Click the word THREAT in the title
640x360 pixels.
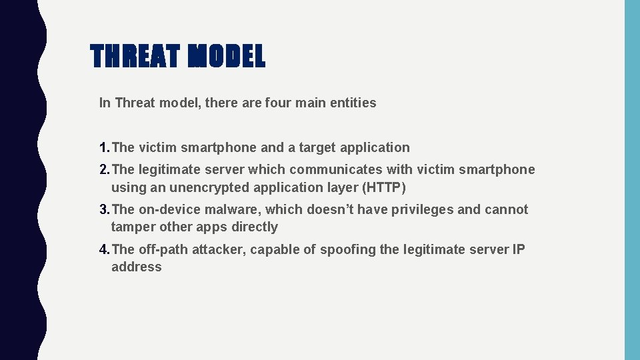point(135,57)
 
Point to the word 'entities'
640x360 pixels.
point(353,103)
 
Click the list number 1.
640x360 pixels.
point(104,147)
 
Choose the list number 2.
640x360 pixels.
point(104,169)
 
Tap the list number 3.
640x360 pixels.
point(104,209)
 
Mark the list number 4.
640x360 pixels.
point(104,249)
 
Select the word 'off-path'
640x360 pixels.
point(163,249)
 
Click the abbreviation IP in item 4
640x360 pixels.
point(518,249)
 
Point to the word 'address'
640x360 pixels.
point(137,267)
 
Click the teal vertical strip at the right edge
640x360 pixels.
point(631,180)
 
